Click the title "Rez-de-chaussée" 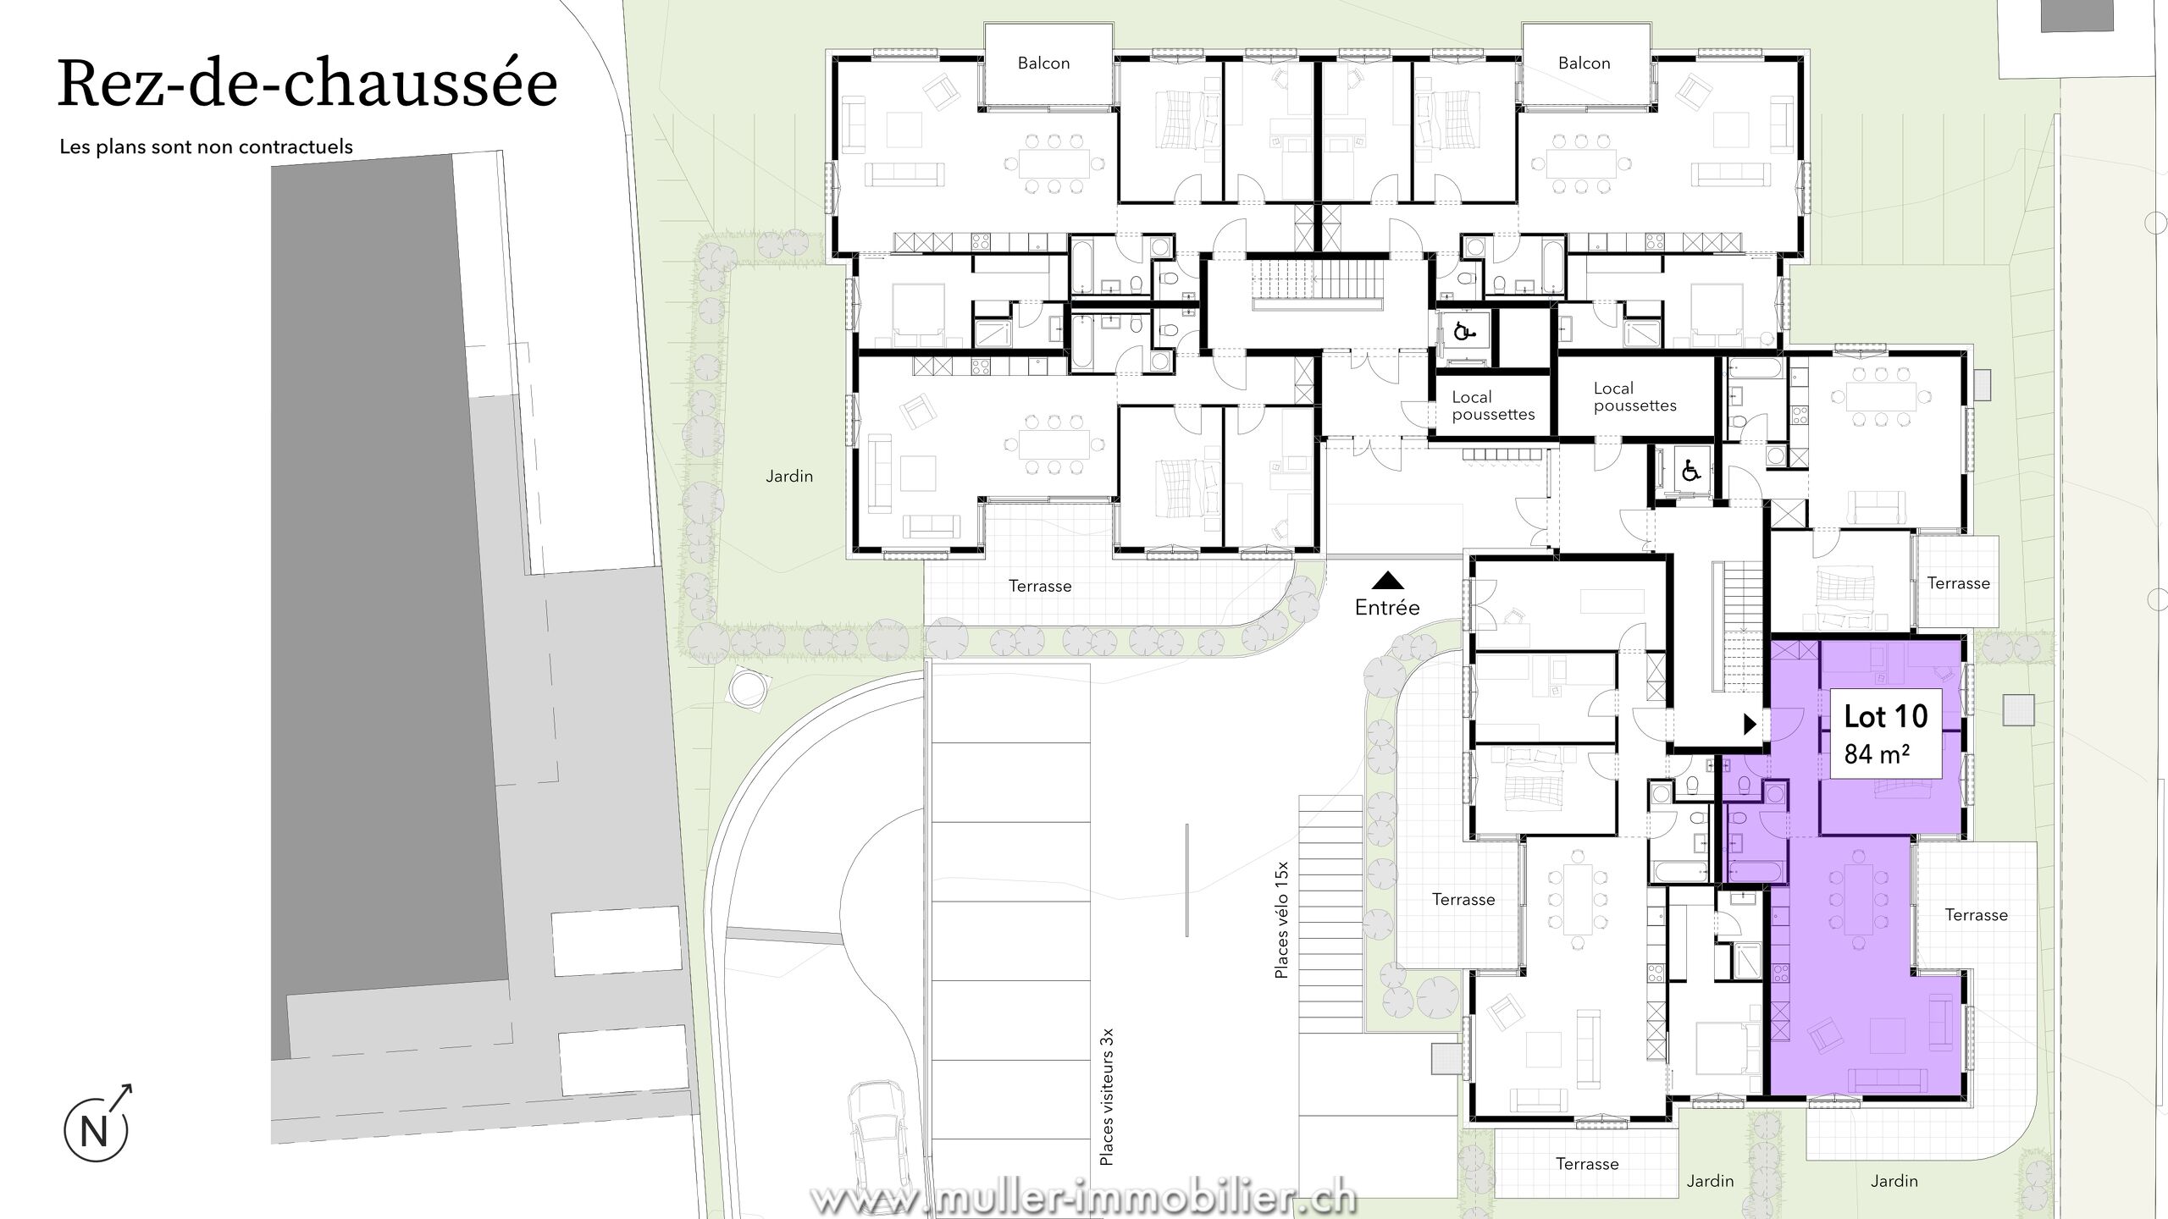pyautogui.click(x=307, y=84)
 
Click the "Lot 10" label pyautogui.click(x=1886, y=716)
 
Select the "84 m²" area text pyautogui.click(x=1877, y=753)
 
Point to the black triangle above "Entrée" pyautogui.click(x=1387, y=580)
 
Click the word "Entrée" pyautogui.click(x=1387, y=607)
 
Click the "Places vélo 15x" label pyautogui.click(x=1281, y=920)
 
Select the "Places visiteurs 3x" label pyautogui.click(x=1106, y=1096)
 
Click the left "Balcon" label pyautogui.click(x=1043, y=63)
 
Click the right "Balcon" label pyautogui.click(x=1584, y=63)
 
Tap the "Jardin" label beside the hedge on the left pyautogui.click(x=789, y=477)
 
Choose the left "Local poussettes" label pyautogui.click(x=1493, y=405)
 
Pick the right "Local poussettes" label pyautogui.click(x=1634, y=396)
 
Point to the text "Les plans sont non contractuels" pyautogui.click(x=206, y=146)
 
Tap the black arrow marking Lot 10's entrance pyautogui.click(x=1750, y=724)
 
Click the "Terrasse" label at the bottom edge pyautogui.click(x=1587, y=1164)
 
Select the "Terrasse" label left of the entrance pyautogui.click(x=1040, y=586)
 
